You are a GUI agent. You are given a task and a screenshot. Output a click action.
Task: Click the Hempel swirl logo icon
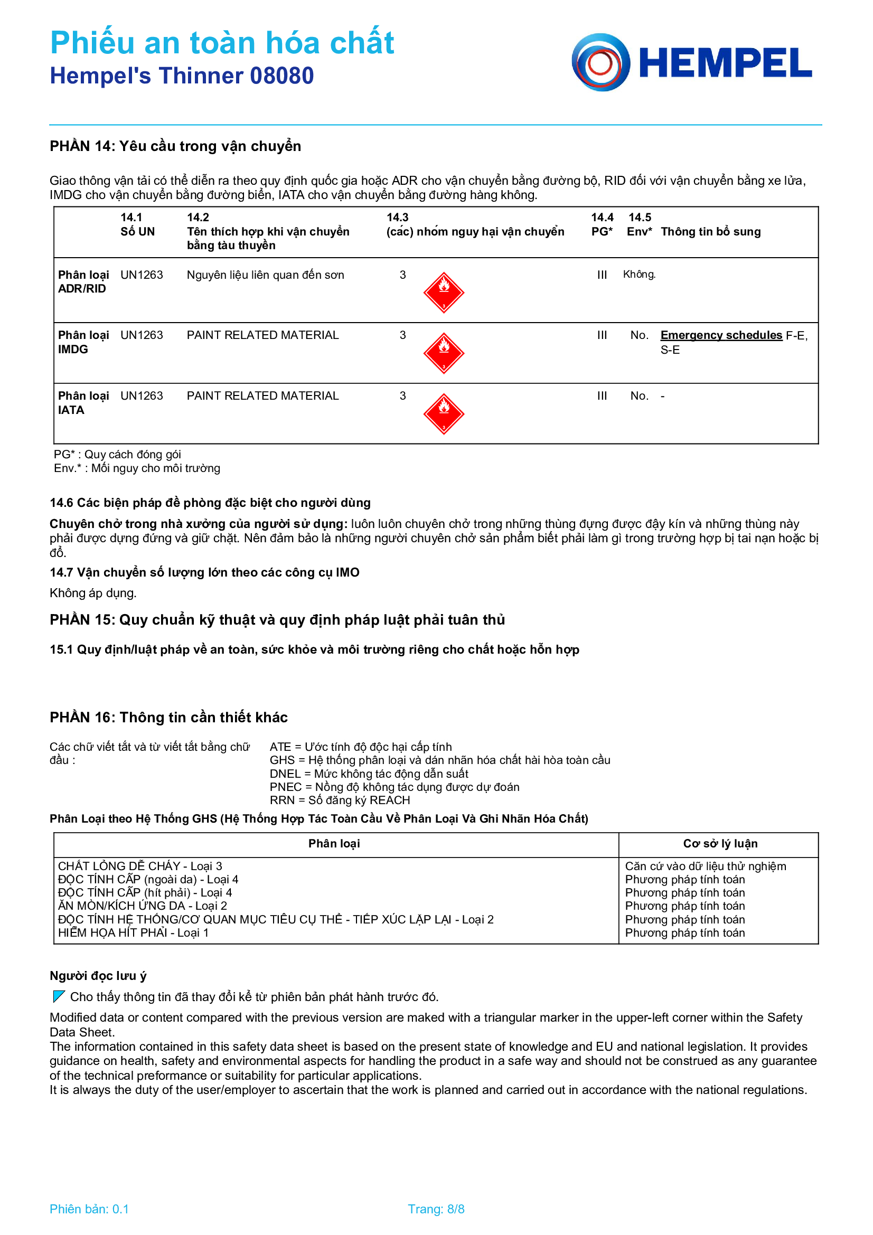tap(600, 62)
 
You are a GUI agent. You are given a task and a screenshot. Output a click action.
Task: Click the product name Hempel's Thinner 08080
tap(181, 76)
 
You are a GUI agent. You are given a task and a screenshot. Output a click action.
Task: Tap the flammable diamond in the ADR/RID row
tap(444, 292)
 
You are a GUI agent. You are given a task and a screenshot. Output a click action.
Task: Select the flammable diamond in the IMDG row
tap(444, 353)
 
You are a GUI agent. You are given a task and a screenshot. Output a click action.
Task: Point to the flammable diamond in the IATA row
tap(444, 413)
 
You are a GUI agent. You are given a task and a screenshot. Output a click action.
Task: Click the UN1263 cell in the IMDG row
tap(142, 335)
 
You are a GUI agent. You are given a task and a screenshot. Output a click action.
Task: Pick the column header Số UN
tap(137, 231)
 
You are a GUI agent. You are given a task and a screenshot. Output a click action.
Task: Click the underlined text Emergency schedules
tap(721, 335)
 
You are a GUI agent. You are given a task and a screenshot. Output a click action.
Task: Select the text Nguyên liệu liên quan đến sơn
tap(265, 275)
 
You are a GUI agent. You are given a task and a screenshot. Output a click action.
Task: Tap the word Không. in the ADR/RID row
tap(639, 275)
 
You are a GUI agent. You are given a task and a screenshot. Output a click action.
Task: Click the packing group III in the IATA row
tap(602, 396)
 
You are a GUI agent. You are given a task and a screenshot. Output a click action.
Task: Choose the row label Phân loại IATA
tap(83, 403)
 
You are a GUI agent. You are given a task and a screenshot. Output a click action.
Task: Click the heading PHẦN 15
tap(277, 620)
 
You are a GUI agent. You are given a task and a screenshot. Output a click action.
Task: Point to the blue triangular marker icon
tap(59, 996)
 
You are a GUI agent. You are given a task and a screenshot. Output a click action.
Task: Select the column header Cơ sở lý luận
tap(720, 843)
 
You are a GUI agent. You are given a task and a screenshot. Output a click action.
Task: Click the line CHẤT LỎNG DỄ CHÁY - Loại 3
tap(140, 866)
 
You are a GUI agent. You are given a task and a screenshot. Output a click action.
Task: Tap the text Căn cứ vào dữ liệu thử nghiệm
tap(705, 866)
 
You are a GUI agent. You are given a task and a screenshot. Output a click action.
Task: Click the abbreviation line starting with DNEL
tap(369, 774)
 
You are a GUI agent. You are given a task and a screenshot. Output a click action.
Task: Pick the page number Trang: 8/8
tap(436, 1209)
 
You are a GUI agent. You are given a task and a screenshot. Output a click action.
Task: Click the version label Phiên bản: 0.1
tap(89, 1209)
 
